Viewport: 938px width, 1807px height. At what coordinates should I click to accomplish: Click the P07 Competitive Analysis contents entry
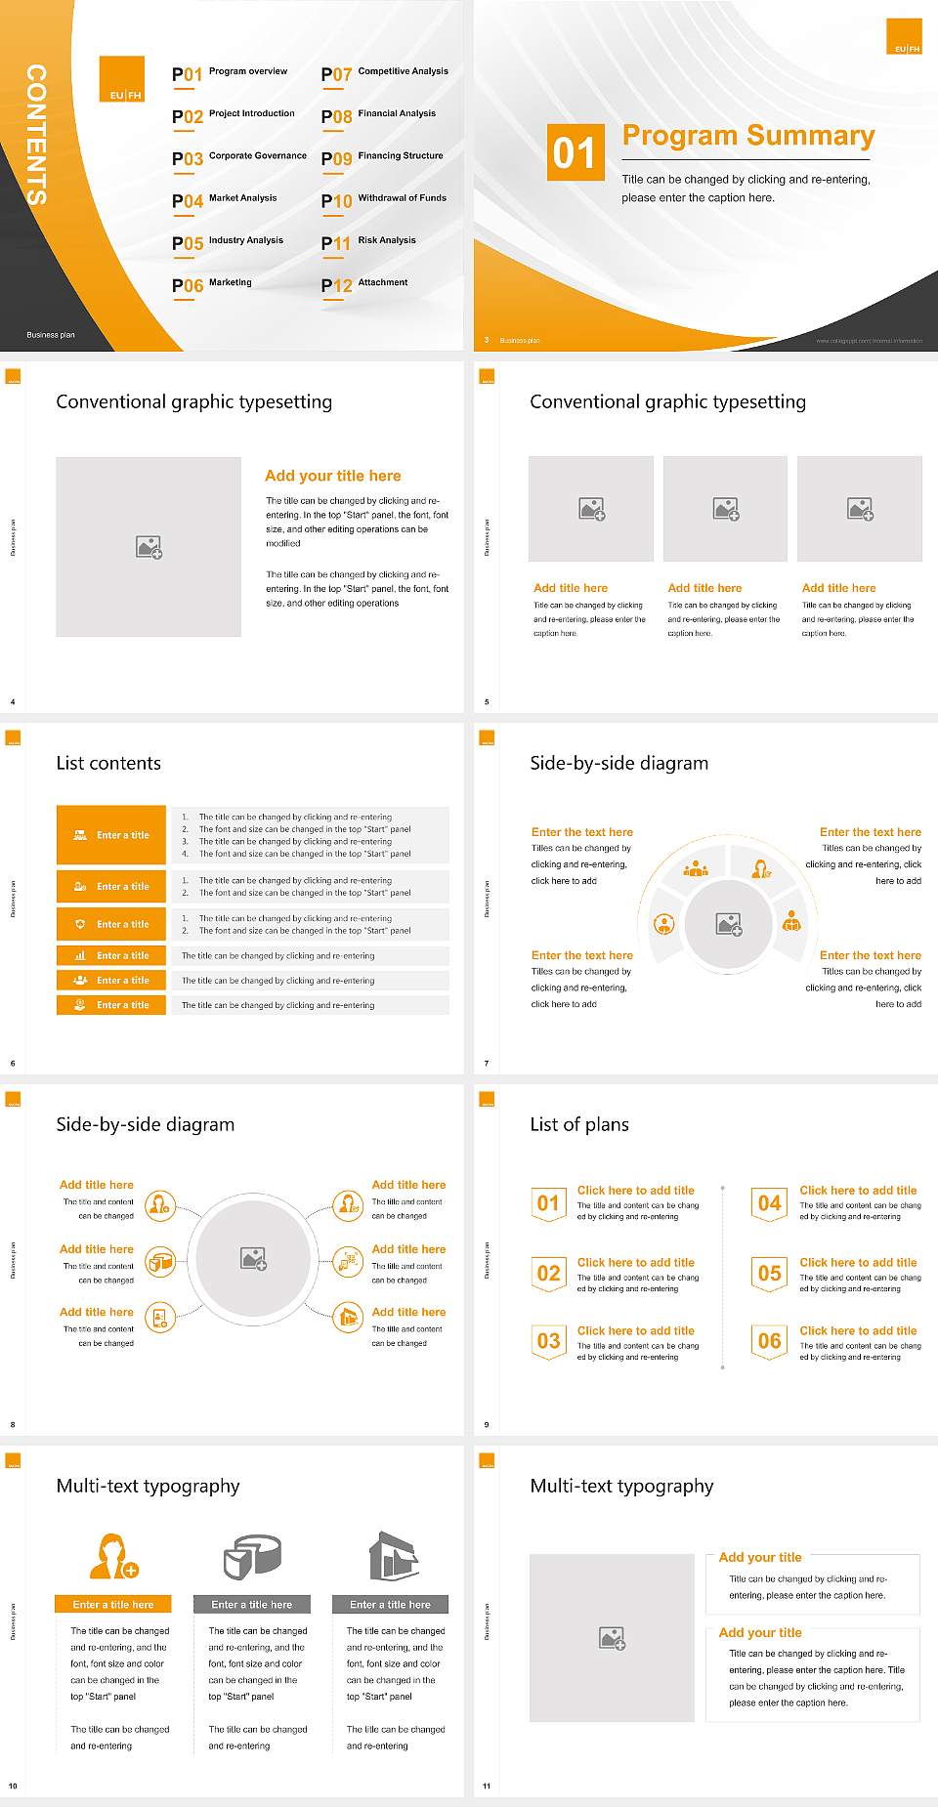click(x=385, y=73)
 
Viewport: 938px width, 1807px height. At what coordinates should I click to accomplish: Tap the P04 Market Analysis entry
click(x=225, y=200)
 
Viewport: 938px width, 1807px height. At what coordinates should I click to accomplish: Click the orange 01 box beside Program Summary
click(x=575, y=152)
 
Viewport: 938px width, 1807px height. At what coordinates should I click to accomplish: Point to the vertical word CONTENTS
click(x=36, y=134)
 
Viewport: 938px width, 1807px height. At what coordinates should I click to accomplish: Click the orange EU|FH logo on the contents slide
click(x=122, y=79)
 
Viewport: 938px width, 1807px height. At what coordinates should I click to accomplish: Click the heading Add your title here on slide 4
click(x=333, y=476)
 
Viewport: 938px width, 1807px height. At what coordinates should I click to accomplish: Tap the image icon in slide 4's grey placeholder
click(x=149, y=547)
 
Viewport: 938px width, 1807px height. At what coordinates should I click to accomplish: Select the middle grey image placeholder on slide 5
click(x=725, y=509)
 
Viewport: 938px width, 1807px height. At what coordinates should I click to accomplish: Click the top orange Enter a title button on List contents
click(x=111, y=835)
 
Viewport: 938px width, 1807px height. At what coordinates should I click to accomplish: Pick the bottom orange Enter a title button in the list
click(x=111, y=1005)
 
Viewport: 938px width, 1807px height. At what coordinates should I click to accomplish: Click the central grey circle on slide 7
click(x=729, y=924)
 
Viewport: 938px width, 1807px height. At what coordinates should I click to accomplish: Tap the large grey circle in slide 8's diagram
click(x=253, y=1259)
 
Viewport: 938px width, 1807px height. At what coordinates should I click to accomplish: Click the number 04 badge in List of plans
click(x=769, y=1203)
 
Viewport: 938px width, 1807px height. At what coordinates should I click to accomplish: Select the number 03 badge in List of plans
click(x=548, y=1341)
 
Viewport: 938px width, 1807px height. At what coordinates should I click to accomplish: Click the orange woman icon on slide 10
click(x=112, y=1556)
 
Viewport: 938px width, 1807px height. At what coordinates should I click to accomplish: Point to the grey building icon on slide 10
click(x=394, y=1556)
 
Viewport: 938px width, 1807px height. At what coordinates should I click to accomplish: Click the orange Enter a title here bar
click(x=113, y=1604)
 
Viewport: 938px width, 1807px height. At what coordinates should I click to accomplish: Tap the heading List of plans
click(x=579, y=1124)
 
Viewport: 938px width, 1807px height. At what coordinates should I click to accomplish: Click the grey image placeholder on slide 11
click(x=612, y=1638)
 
